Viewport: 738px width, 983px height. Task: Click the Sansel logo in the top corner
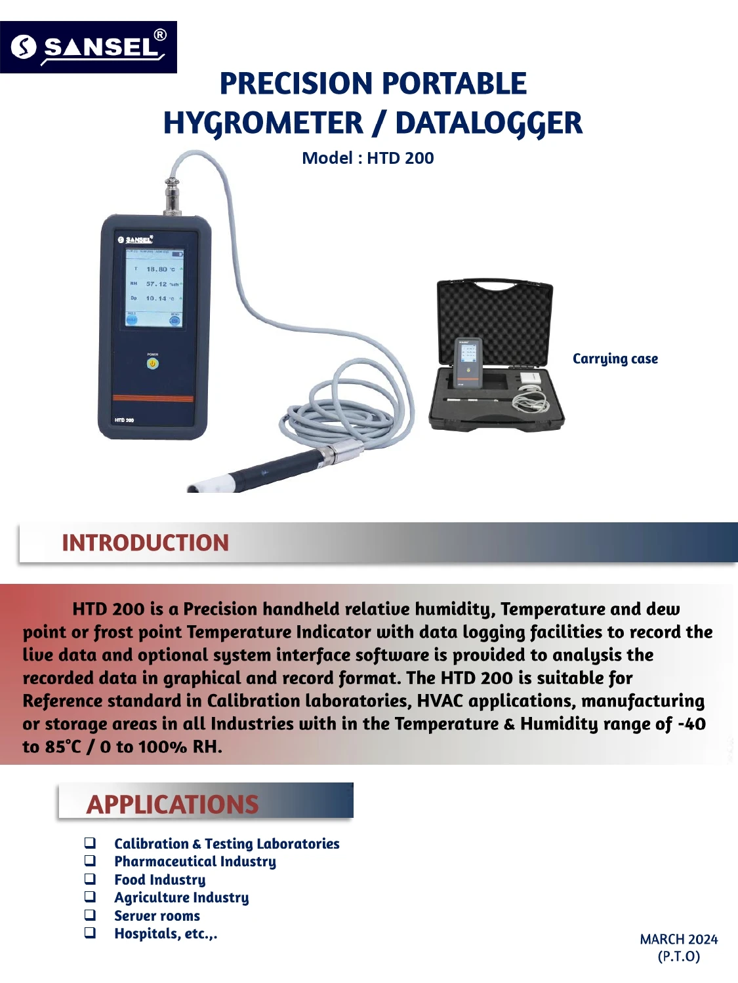(x=89, y=47)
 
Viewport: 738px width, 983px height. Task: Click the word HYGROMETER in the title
(x=262, y=123)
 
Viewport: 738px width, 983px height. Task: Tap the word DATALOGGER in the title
(x=489, y=123)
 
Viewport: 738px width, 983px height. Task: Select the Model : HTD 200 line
(x=367, y=158)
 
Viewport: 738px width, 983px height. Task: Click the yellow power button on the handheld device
(x=152, y=363)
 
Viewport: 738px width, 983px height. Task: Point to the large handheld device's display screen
(x=154, y=287)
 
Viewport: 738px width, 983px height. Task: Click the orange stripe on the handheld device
(x=153, y=398)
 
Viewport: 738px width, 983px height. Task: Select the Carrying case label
(x=615, y=358)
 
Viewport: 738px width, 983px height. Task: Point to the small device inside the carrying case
(x=468, y=361)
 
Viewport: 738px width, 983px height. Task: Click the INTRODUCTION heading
(x=145, y=543)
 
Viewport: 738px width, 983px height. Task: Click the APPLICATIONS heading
(x=173, y=804)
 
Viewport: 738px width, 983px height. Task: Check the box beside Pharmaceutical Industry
(x=90, y=861)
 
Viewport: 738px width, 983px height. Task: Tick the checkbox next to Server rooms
(x=90, y=915)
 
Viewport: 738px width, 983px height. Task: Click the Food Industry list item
(x=159, y=879)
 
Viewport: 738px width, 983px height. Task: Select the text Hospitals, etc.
(x=165, y=934)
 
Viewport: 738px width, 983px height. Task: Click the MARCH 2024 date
(x=678, y=939)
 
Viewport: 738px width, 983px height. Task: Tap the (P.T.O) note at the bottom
(x=678, y=956)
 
